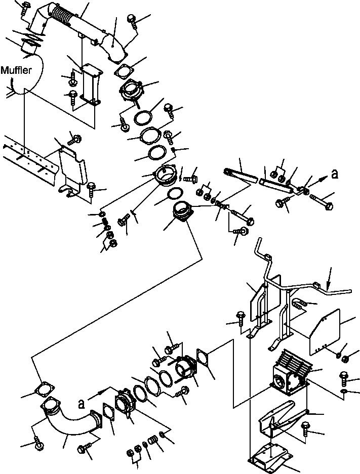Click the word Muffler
[x=16, y=70]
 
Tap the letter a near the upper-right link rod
[x=334, y=174]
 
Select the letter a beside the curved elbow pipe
[x=81, y=404]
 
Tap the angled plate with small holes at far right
[x=325, y=330]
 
